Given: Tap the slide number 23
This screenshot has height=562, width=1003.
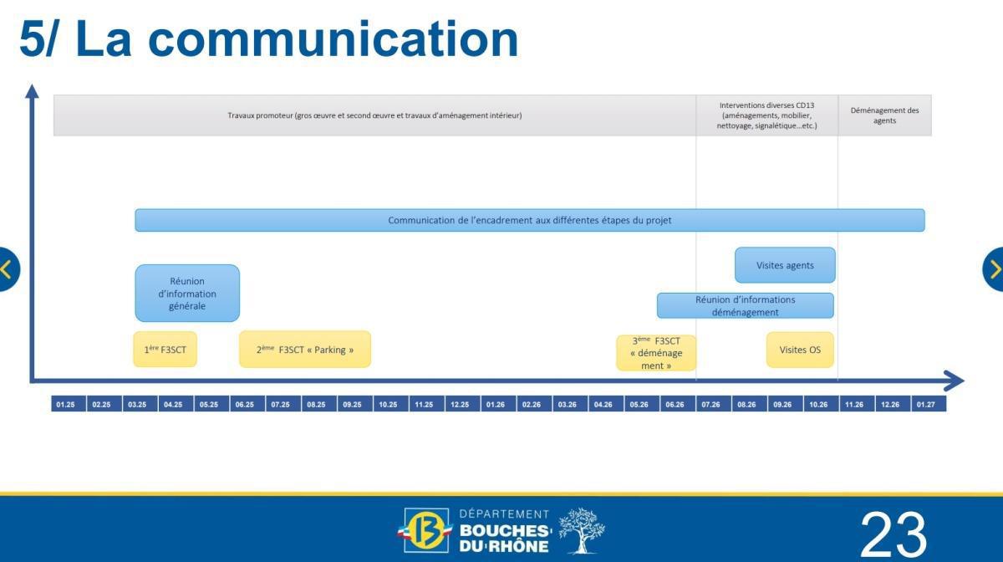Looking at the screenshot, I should [893, 534].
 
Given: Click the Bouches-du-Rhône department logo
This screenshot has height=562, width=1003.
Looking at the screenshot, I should [501, 531].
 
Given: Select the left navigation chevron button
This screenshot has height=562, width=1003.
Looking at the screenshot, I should [7, 269].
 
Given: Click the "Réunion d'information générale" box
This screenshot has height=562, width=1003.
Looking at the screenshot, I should [187, 294].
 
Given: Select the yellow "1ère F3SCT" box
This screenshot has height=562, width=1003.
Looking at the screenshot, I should [165, 350].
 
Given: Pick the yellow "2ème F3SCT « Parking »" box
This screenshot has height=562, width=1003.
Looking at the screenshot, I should [305, 350].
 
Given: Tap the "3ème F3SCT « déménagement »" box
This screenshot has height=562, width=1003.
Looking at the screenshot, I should [656, 353].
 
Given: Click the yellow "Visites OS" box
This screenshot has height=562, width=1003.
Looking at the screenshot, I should [800, 350].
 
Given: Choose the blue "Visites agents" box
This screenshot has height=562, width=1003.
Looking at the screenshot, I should [785, 265].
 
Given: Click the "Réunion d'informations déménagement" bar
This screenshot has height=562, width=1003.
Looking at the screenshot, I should [745, 305].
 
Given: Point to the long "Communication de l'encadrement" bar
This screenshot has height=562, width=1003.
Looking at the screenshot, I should [530, 221].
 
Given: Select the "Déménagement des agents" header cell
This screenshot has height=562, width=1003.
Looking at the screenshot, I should [884, 115].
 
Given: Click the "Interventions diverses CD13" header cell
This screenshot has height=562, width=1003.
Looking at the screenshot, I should [766, 115].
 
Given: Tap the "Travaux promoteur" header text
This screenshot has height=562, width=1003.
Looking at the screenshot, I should [374, 115].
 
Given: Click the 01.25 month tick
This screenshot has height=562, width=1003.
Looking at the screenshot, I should [66, 405].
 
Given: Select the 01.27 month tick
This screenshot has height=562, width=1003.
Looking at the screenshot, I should [927, 405].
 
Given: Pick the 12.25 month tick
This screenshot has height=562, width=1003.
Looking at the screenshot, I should [461, 405].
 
